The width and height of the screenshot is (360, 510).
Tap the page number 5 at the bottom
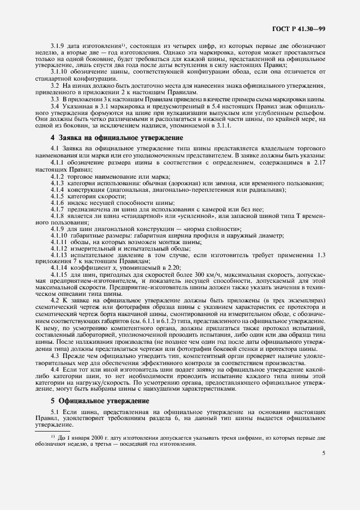click(324, 453)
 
